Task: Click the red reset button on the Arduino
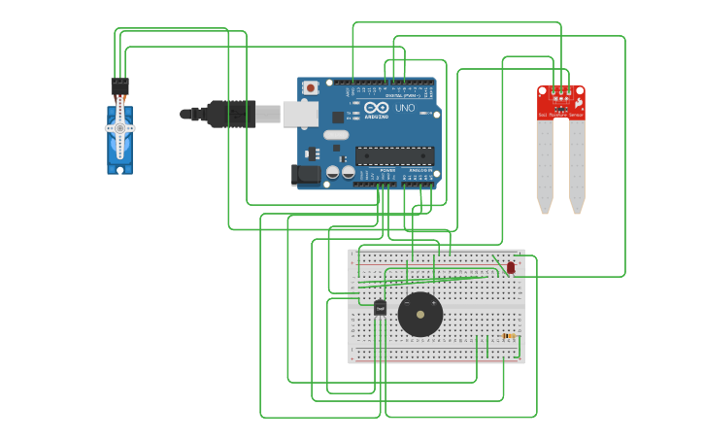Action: pos(310,87)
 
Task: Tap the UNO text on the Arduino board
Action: pos(405,108)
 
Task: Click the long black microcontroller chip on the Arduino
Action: pos(394,155)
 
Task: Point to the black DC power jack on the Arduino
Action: pos(305,175)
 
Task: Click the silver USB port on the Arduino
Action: pos(299,115)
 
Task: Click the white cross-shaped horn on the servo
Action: pos(120,128)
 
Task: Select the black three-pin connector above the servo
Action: pos(119,85)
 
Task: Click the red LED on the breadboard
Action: pos(511,267)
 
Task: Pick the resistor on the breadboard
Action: pos(508,336)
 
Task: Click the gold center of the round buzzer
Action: pos(420,315)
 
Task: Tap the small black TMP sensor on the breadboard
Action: pos(380,308)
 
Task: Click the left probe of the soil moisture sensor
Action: pos(545,165)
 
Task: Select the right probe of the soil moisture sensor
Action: pos(577,165)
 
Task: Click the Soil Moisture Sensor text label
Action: pos(560,115)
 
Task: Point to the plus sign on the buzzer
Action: pos(433,303)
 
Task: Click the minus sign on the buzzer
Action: pos(407,303)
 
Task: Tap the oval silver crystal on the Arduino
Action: pos(336,135)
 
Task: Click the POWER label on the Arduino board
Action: pos(387,171)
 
